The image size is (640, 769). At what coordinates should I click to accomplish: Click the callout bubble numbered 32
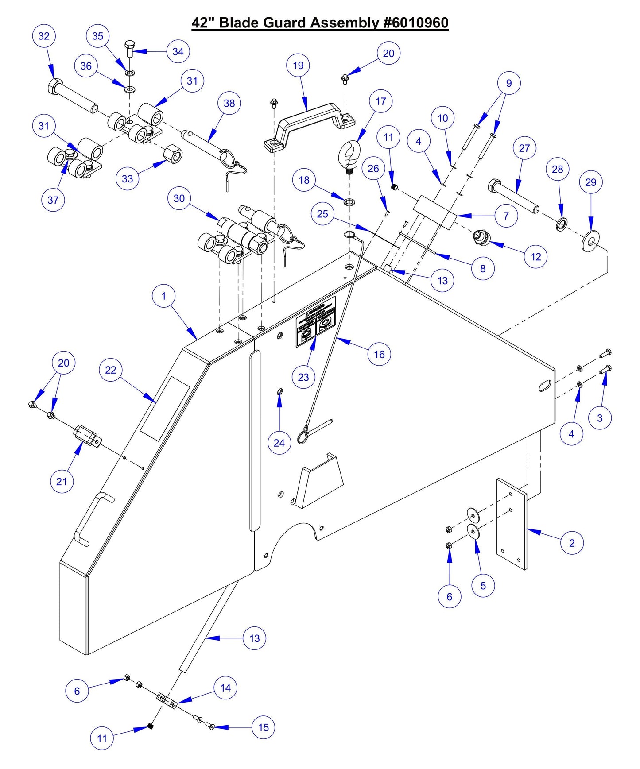click(x=44, y=36)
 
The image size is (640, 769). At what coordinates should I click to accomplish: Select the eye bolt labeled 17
click(x=349, y=155)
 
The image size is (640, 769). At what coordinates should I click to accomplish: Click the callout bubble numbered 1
click(x=163, y=296)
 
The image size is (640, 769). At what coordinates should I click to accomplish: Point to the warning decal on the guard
click(x=316, y=321)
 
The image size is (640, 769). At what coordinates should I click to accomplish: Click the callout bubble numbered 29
click(x=590, y=182)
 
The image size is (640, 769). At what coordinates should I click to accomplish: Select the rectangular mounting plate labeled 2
click(x=512, y=524)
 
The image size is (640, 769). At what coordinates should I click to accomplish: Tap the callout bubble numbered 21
click(x=62, y=481)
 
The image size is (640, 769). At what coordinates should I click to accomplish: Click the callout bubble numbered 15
click(x=263, y=727)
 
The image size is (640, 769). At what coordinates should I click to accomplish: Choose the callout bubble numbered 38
click(x=229, y=103)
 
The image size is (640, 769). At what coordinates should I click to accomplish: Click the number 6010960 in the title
click(x=416, y=23)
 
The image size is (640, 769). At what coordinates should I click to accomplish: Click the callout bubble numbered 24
click(x=279, y=443)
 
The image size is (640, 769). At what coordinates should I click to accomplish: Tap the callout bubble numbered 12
click(x=535, y=257)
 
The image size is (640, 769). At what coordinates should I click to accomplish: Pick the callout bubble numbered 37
click(x=53, y=200)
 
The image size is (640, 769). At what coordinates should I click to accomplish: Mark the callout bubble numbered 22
click(x=110, y=370)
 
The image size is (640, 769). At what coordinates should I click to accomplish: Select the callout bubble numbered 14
click(x=225, y=688)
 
